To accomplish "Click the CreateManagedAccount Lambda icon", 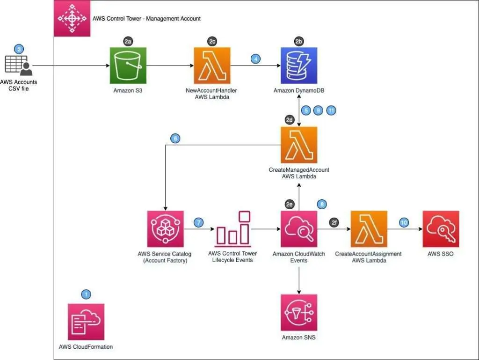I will click(299, 145).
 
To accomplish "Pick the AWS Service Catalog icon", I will click(165, 229).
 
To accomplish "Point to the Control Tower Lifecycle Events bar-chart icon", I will click(232, 229).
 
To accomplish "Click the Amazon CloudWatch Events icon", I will click(299, 229).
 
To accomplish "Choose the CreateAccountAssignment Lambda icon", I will click(369, 229).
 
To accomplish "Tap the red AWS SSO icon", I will click(441, 229).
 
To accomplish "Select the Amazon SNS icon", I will click(299, 312).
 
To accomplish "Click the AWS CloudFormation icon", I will click(86, 322).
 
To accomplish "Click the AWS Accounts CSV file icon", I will click(19, 66).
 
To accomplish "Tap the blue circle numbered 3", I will click(19, 49).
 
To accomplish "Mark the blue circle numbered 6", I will click(175, 139).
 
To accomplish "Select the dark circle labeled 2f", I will click(334, 222).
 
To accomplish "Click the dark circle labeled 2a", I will click(128, 42).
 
